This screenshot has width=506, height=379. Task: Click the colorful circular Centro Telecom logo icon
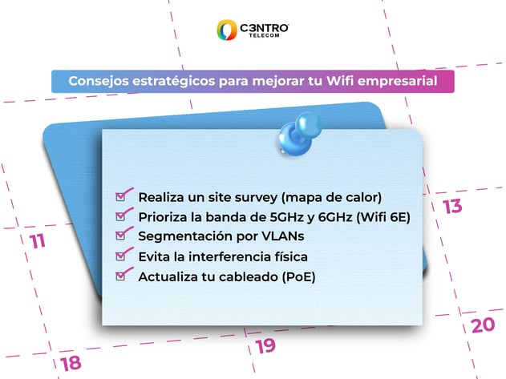226,30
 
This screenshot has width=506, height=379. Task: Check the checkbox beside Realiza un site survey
122,196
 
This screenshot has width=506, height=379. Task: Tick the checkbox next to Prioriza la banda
122,216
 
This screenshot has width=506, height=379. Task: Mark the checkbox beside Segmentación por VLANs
122,236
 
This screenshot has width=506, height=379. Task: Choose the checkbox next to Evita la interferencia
122,256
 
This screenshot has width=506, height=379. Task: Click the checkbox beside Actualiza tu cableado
122,276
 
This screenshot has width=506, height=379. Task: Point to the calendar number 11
37,241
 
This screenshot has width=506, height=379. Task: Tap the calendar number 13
452,207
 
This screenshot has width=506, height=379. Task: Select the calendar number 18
71,362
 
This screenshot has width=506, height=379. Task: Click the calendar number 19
265,346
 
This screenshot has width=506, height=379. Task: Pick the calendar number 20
483,325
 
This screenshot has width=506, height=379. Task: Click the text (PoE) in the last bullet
298,277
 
